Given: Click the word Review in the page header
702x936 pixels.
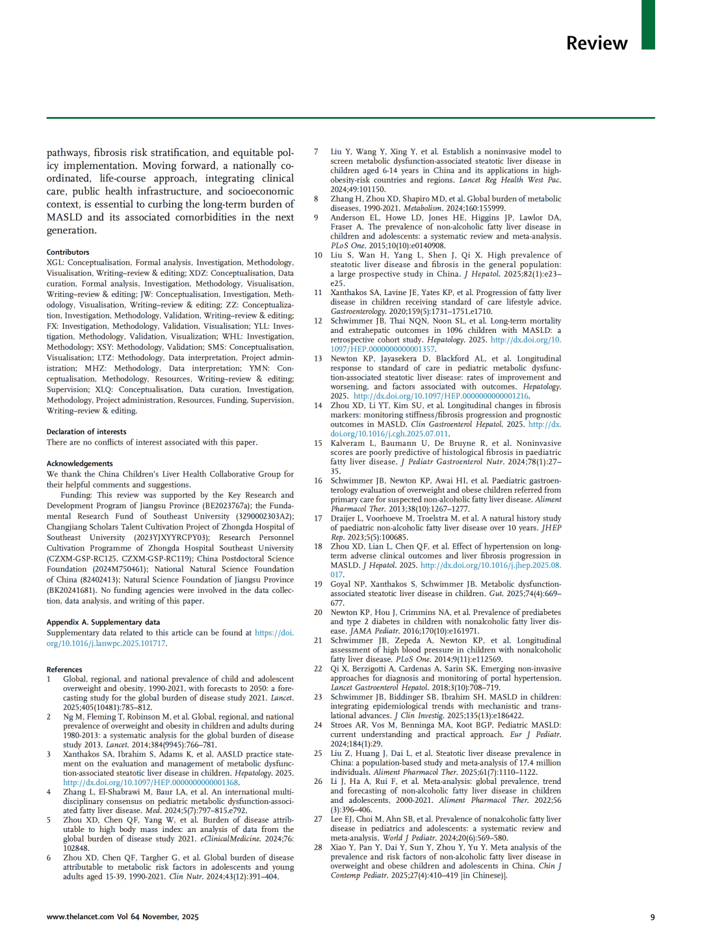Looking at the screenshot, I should pos(597,43).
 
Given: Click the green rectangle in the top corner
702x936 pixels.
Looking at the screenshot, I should pos(648,25).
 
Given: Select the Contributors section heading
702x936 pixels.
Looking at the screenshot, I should pos(68,252).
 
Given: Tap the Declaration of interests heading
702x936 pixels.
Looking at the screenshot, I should pos(86,432).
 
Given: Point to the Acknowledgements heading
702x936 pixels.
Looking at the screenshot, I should pos(80,463).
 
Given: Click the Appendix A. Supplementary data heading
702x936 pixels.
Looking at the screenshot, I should pos(103,622).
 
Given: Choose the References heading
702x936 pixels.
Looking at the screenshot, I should pos(64,669).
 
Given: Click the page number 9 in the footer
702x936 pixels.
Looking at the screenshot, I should pos(653,917).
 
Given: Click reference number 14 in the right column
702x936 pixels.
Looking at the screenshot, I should pos(318,406).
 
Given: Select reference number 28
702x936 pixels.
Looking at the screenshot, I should pos(318,848).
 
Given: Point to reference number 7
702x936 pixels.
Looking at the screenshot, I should pos(316,152).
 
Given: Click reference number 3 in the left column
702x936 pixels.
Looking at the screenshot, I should pos(49,755).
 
